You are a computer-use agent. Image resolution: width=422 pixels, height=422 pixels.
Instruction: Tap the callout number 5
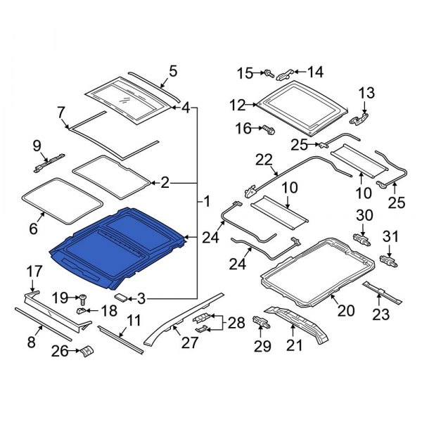point(174,71)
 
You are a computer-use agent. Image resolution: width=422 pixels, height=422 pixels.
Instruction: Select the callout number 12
point(236,105)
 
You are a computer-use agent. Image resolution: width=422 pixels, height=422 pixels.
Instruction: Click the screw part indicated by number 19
point(81,298)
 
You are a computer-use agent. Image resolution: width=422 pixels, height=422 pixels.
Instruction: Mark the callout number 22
point(263,161)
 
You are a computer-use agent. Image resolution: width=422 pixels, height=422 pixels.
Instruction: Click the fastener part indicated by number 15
point(269,72)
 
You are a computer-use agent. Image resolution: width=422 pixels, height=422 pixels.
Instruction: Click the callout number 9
point(37,146)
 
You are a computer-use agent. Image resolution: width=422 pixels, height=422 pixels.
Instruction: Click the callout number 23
point(381,314)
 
